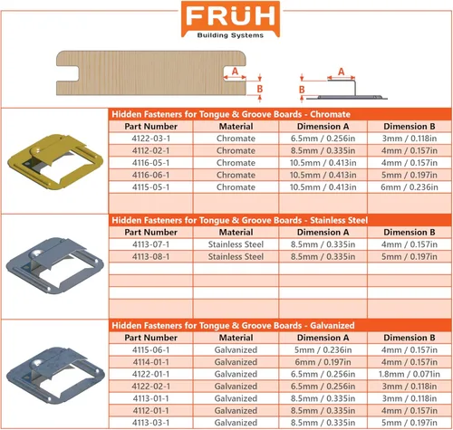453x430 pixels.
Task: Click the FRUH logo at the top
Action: pos(230,20)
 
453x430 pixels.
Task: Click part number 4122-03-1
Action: pos(150,139)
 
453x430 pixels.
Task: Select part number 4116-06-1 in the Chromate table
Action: pos(150,175)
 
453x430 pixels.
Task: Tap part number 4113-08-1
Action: pos(150,256)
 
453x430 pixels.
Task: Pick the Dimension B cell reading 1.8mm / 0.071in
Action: pos(410,374)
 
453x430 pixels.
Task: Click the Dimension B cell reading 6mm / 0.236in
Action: pos(410,187)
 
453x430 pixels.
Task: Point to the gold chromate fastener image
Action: pos(55,162)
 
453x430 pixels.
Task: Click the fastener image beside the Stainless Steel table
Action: pos(55,265)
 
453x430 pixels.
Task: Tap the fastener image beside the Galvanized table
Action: pos(55,375)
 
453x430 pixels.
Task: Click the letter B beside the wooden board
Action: pos(259,89)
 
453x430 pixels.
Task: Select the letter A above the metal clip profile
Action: pos(341,72)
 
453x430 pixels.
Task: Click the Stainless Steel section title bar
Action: pos(280,220)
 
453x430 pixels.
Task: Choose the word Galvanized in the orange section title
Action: pos(333,325)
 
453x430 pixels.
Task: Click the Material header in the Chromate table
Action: pos(236,127)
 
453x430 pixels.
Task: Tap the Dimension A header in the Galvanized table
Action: pos(323,338)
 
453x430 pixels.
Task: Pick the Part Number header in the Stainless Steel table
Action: pos(150,233)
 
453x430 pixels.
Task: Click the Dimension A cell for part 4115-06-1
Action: pos(323,350)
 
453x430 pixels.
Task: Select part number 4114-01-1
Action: pos(150,362)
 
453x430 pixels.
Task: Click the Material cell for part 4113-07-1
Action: pos(236,244)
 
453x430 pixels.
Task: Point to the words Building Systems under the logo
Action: pos(230,35)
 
